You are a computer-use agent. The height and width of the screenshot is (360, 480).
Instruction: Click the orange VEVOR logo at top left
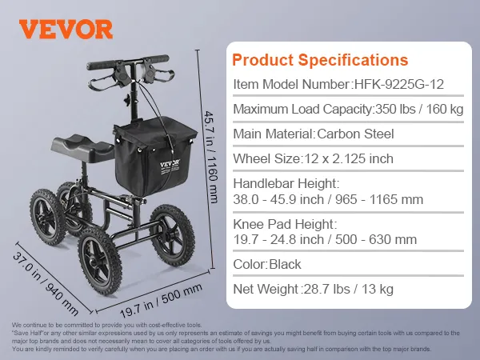(66, 29)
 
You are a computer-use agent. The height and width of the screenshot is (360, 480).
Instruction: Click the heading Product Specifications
(320, 60)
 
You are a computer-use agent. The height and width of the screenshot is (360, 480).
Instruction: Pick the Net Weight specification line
(313, 289)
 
